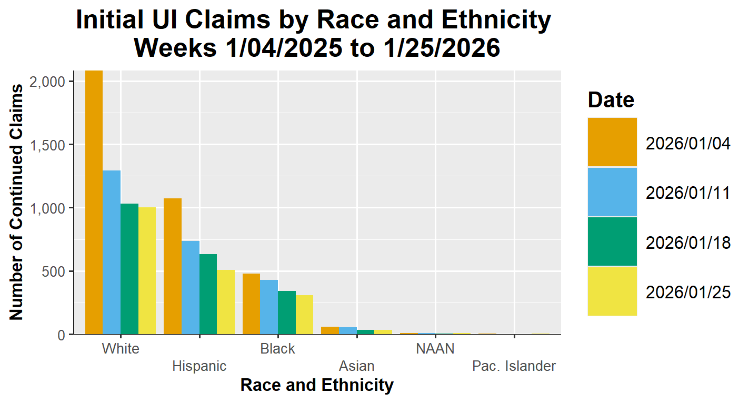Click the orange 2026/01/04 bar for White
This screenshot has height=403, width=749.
pos(94,203)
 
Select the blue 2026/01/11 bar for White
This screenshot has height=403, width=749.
pos(112,253)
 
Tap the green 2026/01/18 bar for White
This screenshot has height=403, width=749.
pos(129,269)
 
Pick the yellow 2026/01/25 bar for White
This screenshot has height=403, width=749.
pos(147,271)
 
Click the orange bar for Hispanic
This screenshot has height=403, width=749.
pos(173,266)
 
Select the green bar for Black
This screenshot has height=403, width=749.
pos(287,313)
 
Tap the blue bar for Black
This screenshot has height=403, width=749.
pos(269,307)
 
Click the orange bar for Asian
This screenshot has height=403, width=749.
pos(330,330)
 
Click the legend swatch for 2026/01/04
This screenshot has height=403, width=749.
pos(612,142)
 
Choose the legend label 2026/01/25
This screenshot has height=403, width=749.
pos(688,292)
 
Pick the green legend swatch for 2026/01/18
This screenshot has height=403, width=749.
pos(612,241)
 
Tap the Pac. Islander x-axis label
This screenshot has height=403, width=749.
pos(514,366)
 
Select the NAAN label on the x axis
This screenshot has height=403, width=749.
pos(435,349)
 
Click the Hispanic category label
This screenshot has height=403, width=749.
pos(199,366)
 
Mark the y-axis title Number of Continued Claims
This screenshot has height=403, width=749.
pos(16,202)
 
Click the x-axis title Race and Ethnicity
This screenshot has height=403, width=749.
pos(317,386)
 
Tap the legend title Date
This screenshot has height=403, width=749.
pos(611,99)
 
